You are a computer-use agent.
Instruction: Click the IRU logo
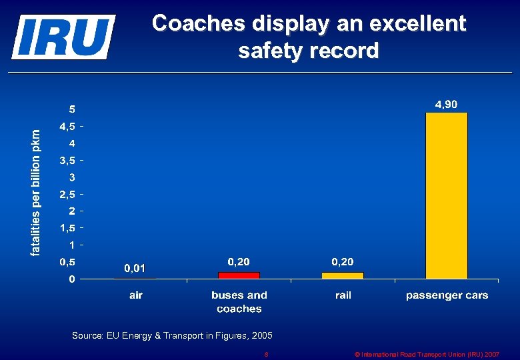(x=63, y=37)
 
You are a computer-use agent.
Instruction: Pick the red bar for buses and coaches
(x=239, y=275)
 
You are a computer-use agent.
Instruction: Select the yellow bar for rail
(x=343, y=275)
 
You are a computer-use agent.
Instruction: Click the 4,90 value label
(x=446, y=104)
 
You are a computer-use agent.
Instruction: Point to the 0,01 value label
(x=134, y=268)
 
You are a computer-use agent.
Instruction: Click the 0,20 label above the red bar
(x=239, y=261)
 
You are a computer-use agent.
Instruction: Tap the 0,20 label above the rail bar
(x=343, y=261)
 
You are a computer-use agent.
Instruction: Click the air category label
(x=135, y=295)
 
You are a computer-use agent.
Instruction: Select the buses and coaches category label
(x=239, y=302)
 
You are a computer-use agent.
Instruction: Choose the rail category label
(x=343, y=295)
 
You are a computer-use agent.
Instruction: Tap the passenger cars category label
(x=447, y=295)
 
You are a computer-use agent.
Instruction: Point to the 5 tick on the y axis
(x=73, y=109)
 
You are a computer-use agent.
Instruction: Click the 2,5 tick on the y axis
(x=67, y=194)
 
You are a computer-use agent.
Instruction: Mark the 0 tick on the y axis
(x=73, y=279)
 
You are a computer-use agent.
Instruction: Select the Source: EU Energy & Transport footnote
(x=172, y=336)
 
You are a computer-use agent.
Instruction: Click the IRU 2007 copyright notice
(x=427, y=355)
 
